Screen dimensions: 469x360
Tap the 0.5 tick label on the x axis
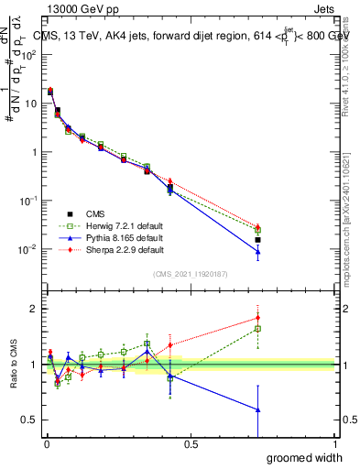pos(190,444)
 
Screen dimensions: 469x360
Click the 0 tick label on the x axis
pos(47,444)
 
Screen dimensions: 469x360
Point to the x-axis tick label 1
pos(334,444)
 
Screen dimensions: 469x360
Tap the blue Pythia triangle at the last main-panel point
pos(258,252)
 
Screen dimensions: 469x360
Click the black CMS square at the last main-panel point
pos(258,240)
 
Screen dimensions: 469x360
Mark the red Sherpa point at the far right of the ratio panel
pos(258,318)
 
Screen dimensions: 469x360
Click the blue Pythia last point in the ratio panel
pos(258,409)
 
